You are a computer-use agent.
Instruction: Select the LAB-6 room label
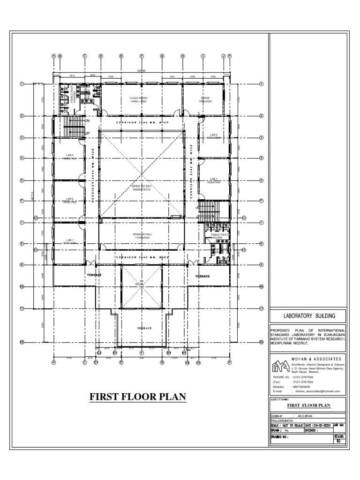click(x=214, y=135)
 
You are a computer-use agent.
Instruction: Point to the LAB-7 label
click(x=214, y=179)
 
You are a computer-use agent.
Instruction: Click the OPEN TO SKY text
click(x=141, y=186)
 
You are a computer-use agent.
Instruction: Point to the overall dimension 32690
click(x=141, y=71)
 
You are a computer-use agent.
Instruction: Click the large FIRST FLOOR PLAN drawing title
click(x=138, y=397)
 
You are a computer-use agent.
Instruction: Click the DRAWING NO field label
click(x=282, y=436)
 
